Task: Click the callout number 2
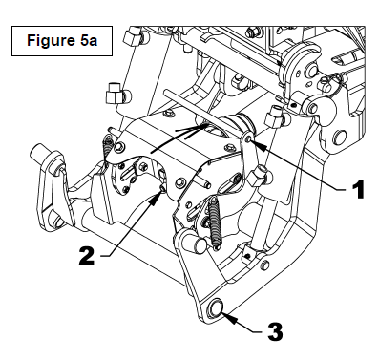point(87,255)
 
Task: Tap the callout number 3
point(275,332)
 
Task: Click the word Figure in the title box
point(50,40)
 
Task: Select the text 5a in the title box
point(87,40)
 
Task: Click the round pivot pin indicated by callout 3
point(216,307)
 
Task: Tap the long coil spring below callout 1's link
point(215,222)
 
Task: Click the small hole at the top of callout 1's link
point(249,138)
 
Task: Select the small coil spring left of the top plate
point(108,147)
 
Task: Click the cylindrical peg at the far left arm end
point(39,153)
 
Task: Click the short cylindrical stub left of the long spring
point(199,244)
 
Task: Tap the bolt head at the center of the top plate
point(180,182)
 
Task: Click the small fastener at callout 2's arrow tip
point(162,189)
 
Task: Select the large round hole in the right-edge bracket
point(339,137)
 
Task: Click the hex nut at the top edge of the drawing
point(252,32)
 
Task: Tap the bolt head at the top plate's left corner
point(119,146)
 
